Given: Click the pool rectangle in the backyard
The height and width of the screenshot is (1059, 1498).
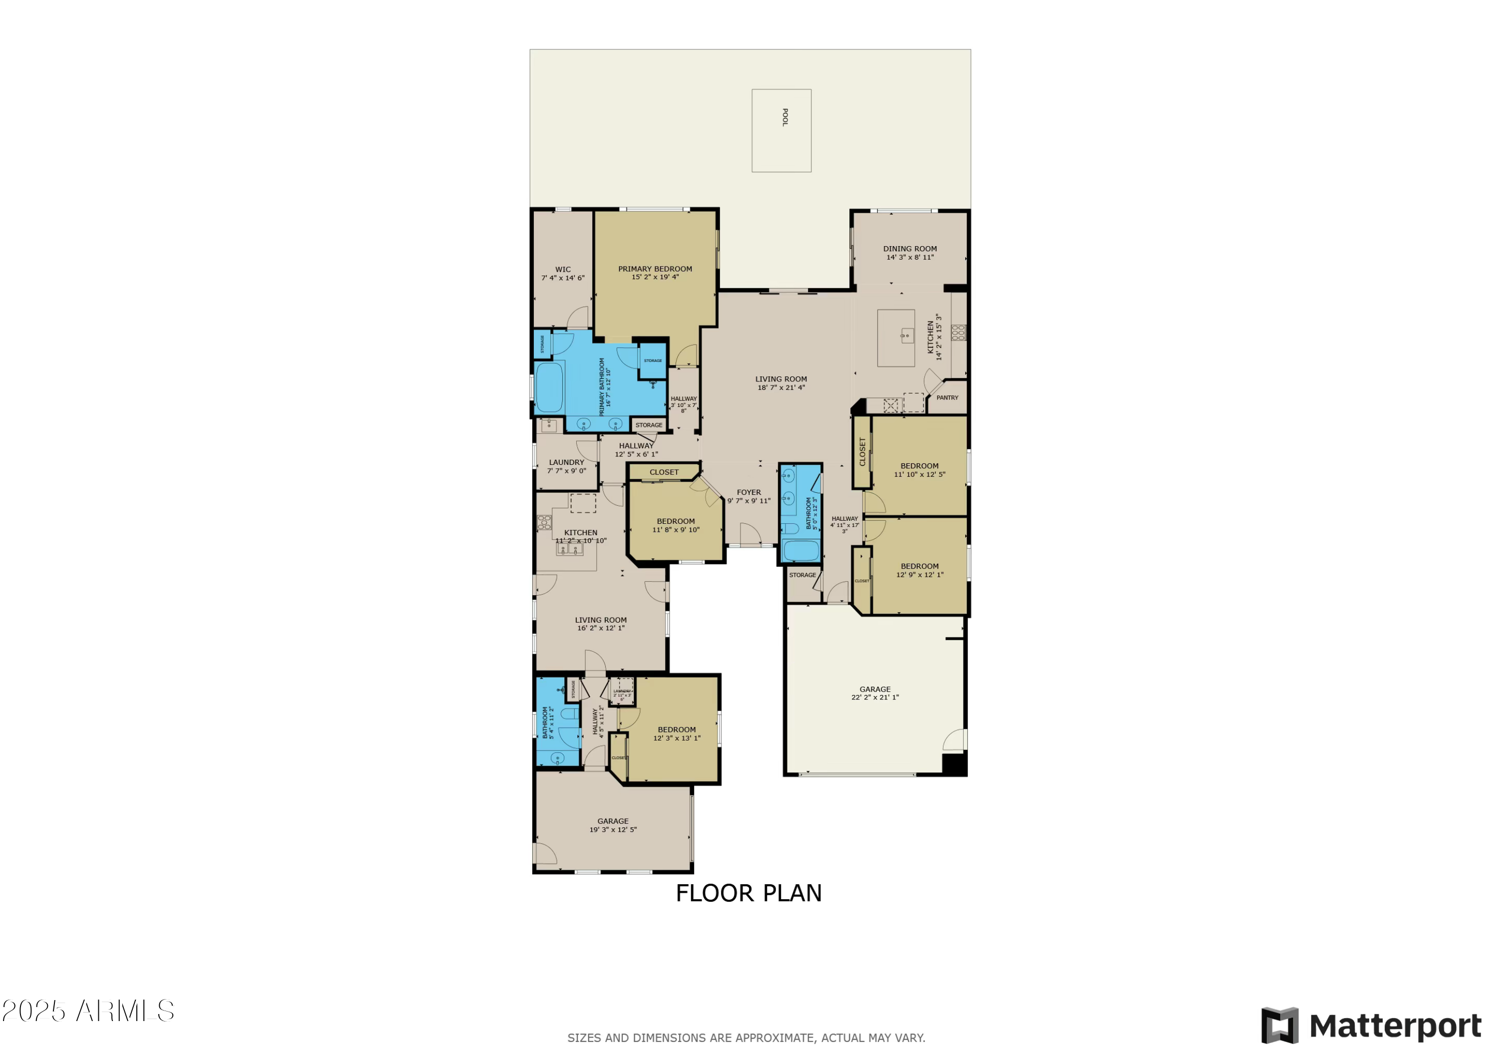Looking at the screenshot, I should (781, 130).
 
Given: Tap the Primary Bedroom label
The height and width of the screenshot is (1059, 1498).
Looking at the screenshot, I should (655, 269).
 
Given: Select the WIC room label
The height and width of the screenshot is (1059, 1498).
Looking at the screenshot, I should (563, 270).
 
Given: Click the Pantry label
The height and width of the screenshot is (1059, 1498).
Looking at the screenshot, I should (947, 398).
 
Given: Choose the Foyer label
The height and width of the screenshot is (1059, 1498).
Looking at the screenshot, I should (749, 493).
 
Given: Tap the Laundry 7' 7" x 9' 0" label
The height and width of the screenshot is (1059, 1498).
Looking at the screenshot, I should (566, 466).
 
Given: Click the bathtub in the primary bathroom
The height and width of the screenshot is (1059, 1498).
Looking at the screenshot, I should (549, 387).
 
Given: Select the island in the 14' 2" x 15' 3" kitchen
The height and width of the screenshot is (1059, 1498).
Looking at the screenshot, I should (895, 338).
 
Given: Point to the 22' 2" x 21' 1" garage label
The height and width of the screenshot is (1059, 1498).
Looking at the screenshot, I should (875, 694).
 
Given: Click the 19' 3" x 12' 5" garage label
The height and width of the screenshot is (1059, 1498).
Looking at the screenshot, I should (613, 825).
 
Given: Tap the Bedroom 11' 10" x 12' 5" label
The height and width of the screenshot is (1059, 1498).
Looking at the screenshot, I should (919, 470).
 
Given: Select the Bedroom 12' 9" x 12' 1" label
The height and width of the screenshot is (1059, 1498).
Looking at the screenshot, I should (919, 571).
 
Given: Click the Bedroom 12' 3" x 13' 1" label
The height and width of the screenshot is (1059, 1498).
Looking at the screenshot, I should (677, 734).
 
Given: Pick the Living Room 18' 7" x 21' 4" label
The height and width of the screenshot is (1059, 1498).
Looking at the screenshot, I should (781, 383).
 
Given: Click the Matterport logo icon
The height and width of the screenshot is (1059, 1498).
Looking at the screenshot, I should (1279, 1025).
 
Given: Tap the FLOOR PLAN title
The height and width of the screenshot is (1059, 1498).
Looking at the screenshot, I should (749, 893).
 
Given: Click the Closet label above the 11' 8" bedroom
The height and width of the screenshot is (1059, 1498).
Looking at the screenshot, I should (664, 472).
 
